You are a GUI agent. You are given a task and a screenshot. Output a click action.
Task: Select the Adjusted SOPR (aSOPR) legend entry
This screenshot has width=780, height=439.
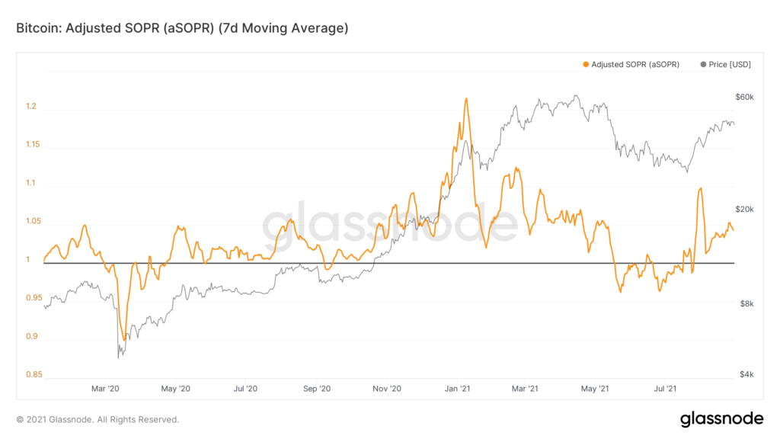631,65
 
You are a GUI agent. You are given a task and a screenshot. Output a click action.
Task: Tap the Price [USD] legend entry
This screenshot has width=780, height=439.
725,65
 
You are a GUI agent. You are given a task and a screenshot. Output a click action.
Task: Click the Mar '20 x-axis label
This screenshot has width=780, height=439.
105,389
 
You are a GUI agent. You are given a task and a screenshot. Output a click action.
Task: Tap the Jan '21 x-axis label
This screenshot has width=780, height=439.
457,389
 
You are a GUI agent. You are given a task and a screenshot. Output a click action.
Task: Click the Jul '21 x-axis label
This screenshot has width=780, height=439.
667,389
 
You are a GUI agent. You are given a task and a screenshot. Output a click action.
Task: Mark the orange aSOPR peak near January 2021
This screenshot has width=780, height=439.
465,98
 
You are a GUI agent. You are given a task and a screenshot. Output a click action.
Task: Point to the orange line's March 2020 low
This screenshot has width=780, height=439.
124,340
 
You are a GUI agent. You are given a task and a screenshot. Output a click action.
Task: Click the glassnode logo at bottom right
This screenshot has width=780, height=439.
721,418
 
